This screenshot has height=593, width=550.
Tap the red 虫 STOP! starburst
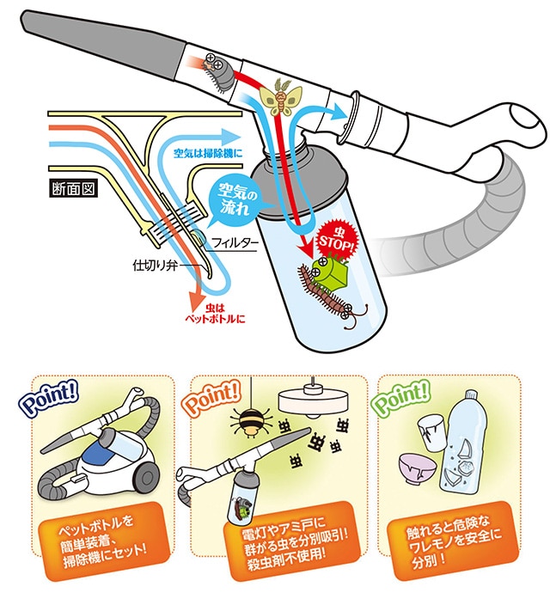click(333, 237)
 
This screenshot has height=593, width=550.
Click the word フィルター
click(234, 243)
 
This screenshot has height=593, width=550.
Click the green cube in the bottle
click(332, 270)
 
